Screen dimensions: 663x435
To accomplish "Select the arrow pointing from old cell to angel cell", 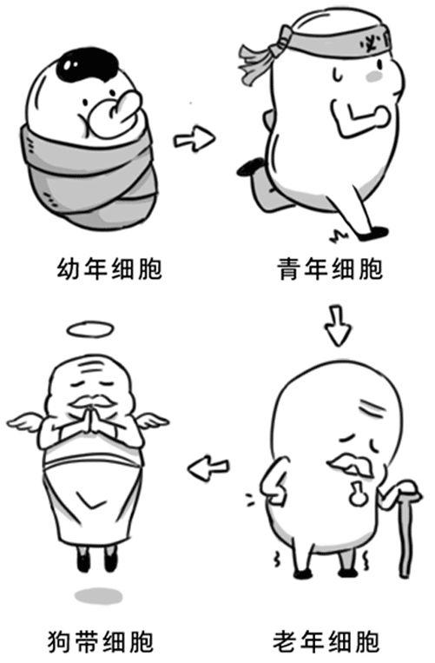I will (x=208, y=469).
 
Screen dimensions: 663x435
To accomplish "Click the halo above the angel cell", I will (x=90, y=329).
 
